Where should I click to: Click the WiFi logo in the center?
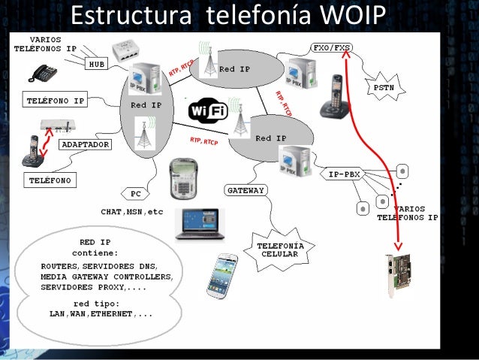pos(208,111)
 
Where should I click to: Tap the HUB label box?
pos(97,65)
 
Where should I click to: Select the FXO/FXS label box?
pos(331,47)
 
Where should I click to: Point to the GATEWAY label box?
pos(246,191)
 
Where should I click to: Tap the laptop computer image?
pos(200,223)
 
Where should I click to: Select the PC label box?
pos(135,194)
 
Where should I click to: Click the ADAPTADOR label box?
pos(86,144)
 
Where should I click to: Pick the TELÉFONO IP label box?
pos(56,99)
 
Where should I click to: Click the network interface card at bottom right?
pos(399,275)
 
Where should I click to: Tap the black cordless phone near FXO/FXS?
pos(333,97)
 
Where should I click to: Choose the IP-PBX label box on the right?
pos(345,174)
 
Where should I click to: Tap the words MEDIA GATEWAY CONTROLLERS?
pos(107,277)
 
